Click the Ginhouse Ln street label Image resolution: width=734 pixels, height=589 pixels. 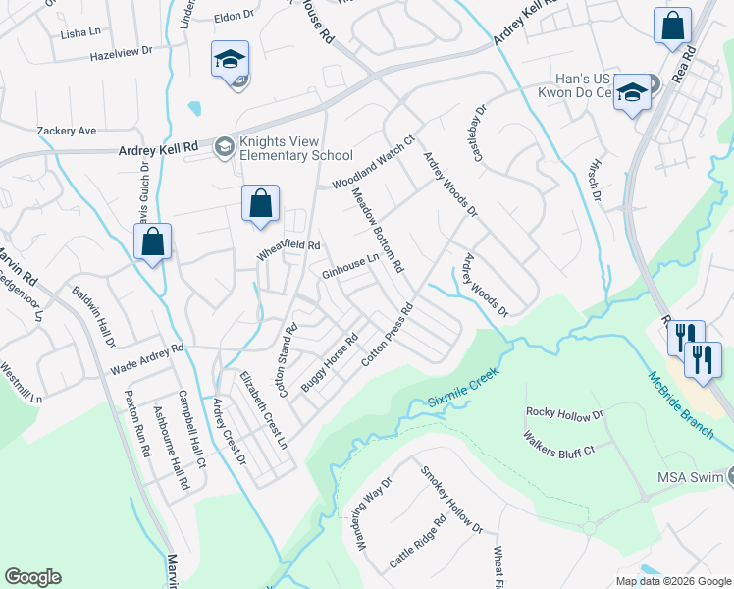coord(350,266)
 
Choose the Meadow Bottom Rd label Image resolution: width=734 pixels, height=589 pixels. coord(378,231)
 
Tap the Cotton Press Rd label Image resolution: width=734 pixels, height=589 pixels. coord(390,335)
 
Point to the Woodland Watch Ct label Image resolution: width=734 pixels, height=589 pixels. coord(374,163)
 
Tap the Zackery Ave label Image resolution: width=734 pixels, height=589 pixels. coord(67,130)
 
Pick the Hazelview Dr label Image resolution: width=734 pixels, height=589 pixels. coord(122,50)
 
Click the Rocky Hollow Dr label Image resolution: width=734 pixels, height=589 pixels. coord(564,413)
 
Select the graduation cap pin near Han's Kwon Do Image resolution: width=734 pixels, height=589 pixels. coord(633,92)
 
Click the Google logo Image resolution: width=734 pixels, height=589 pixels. coord(32,577)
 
